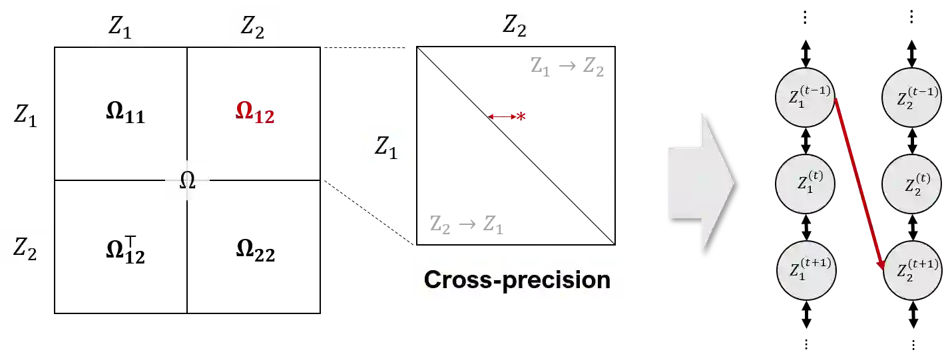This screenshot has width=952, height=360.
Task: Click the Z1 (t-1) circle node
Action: tap(804, 97)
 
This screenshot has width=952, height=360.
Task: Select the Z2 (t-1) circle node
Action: tap(911, 97)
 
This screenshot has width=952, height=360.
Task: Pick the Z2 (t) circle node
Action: tap(911, 184)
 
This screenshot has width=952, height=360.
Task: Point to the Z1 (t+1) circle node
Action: tap(805, 269)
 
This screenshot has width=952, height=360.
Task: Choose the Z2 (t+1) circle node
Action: tap(911, 269)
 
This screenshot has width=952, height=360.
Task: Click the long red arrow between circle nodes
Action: tap(858, 180)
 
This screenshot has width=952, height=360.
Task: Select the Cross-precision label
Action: tap(517, 279)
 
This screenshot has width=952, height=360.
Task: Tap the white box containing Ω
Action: tap(189, 180)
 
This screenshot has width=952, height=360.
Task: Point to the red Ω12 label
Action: tap(255, 114)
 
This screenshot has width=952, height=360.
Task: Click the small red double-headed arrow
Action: tap(507, 116)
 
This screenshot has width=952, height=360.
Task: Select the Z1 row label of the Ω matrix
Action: tap(26, 114)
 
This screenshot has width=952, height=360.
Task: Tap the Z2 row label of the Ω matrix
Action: tap(26, 248)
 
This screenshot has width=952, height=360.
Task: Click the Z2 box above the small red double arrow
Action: tap(513, 25)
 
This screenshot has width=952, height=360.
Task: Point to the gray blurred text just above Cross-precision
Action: tap(465, 224)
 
